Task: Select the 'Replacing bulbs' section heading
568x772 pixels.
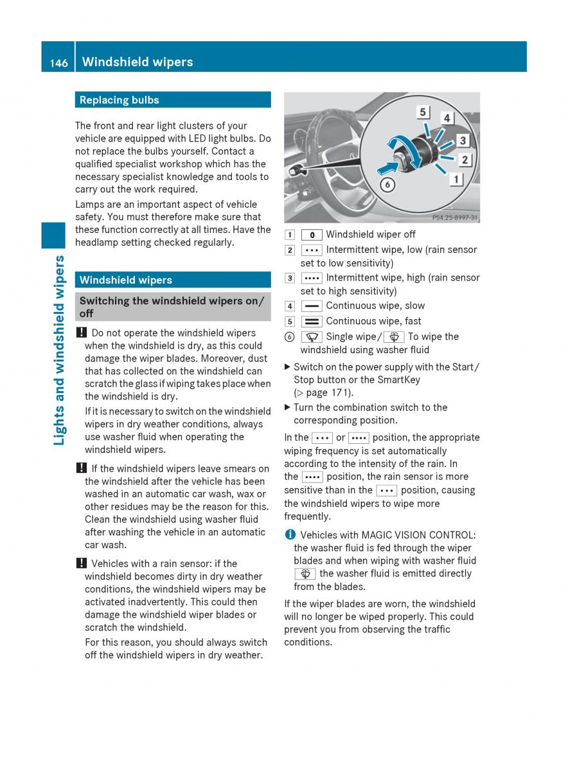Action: (x=120, y=100)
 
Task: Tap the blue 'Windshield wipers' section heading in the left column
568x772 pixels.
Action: (x=126, y=280)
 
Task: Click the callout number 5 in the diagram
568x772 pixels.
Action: (x=423, y=112)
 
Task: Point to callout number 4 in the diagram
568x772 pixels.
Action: (x=446, y=118)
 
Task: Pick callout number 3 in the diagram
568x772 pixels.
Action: (x=463, y=140)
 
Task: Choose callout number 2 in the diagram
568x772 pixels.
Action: (x=466, y=160)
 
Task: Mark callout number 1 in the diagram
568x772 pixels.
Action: (x=456, y=179)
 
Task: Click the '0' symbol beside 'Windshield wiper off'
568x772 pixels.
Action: (x=311, y=235)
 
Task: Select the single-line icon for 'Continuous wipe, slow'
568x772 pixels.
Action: (x=311, y=306)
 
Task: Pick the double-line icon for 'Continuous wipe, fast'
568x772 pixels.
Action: (x=311, y=322)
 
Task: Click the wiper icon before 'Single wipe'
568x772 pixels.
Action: (x=311, y=337)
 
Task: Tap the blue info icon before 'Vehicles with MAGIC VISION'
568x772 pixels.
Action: (x=290, y=535)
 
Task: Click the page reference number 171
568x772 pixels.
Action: (x=342, y=392)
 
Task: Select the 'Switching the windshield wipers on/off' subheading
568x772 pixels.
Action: (x=172, y=307)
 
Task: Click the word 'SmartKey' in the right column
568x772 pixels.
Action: (x=400, y=380)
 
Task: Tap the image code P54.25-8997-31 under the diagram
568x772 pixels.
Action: (x=454, y=218)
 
